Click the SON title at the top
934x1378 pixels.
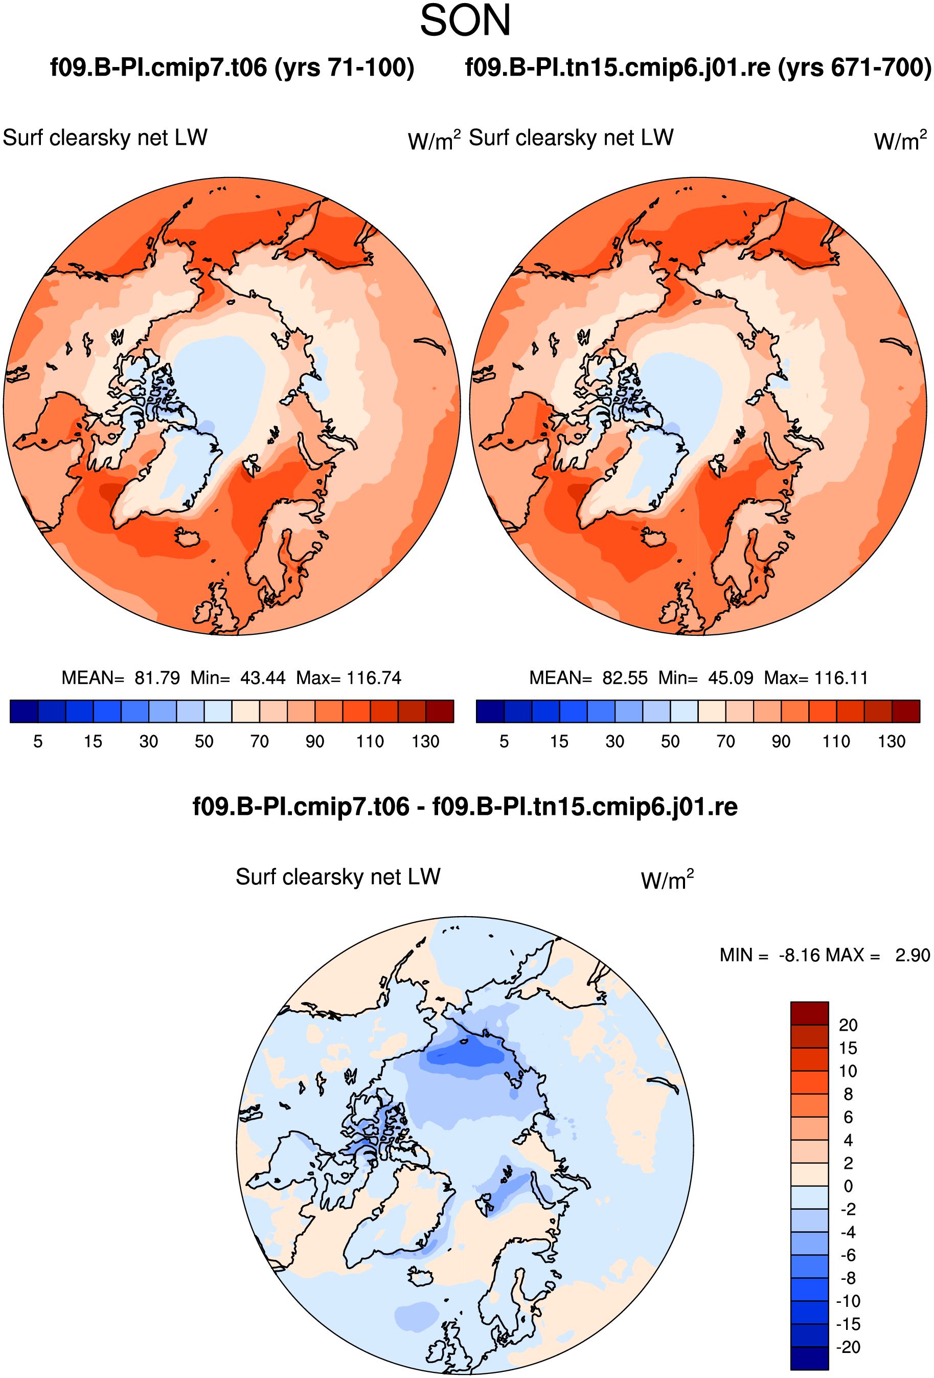pyautogui.click(x=465, y=21)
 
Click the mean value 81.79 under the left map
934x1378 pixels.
pyautogui.click(x=157, y=678)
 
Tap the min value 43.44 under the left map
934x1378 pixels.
pyautogui.click(x=263, y=678)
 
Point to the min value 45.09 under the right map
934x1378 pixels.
pyautogui.click(x=731, y=678)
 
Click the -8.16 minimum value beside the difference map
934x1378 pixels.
pyautogui.click(x=800, y=955)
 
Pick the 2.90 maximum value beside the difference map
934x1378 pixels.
pyautogui.click(x=913, y=955)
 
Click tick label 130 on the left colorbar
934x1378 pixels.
pyautogui.click(x=425, y=741)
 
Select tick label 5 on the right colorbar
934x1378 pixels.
pyautogui.click(x=505, y=741)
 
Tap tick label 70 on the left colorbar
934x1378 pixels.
pyautogui.click(x=260, y=741)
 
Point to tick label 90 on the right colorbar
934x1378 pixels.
pyautogui.click(x=781, y=741)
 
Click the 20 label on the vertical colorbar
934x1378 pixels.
pyautogui.click(x=848, y=1025)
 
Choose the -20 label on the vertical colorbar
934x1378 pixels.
pyautogui.click(x=848, y=1347)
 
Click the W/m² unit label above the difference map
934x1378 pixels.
pyautogui.click(x=667, y=880)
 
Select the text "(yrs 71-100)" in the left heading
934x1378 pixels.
pyautogui.click(x=345, y=68)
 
